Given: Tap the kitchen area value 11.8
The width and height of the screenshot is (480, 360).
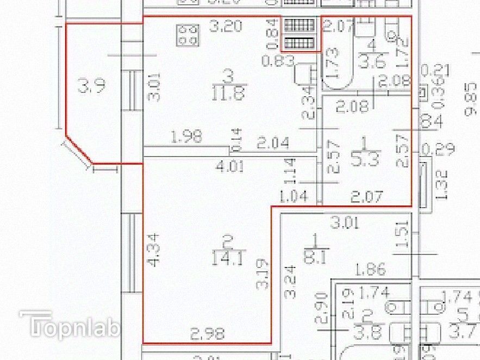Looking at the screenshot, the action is (229, 92).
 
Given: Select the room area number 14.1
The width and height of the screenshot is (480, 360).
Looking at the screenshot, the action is (228, 256).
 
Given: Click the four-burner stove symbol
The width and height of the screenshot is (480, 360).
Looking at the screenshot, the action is (187, 35).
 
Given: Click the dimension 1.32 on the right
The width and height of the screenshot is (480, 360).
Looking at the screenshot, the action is (441, 184).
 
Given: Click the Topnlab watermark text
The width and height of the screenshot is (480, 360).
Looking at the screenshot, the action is (69, 326).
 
